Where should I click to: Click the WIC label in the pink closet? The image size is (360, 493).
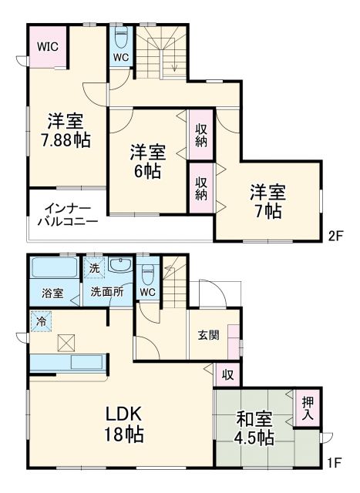tap(47, 47)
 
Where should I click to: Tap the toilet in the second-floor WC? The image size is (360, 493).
tap(120, 38)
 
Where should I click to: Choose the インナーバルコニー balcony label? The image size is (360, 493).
tap(67, 215)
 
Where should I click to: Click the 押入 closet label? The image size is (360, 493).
tap(308, 409)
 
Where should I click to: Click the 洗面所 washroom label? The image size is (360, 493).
tap(106, 293)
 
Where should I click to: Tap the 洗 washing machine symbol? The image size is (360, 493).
tap(93, 268)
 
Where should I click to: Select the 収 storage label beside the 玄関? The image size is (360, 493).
tap(228, 374)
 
